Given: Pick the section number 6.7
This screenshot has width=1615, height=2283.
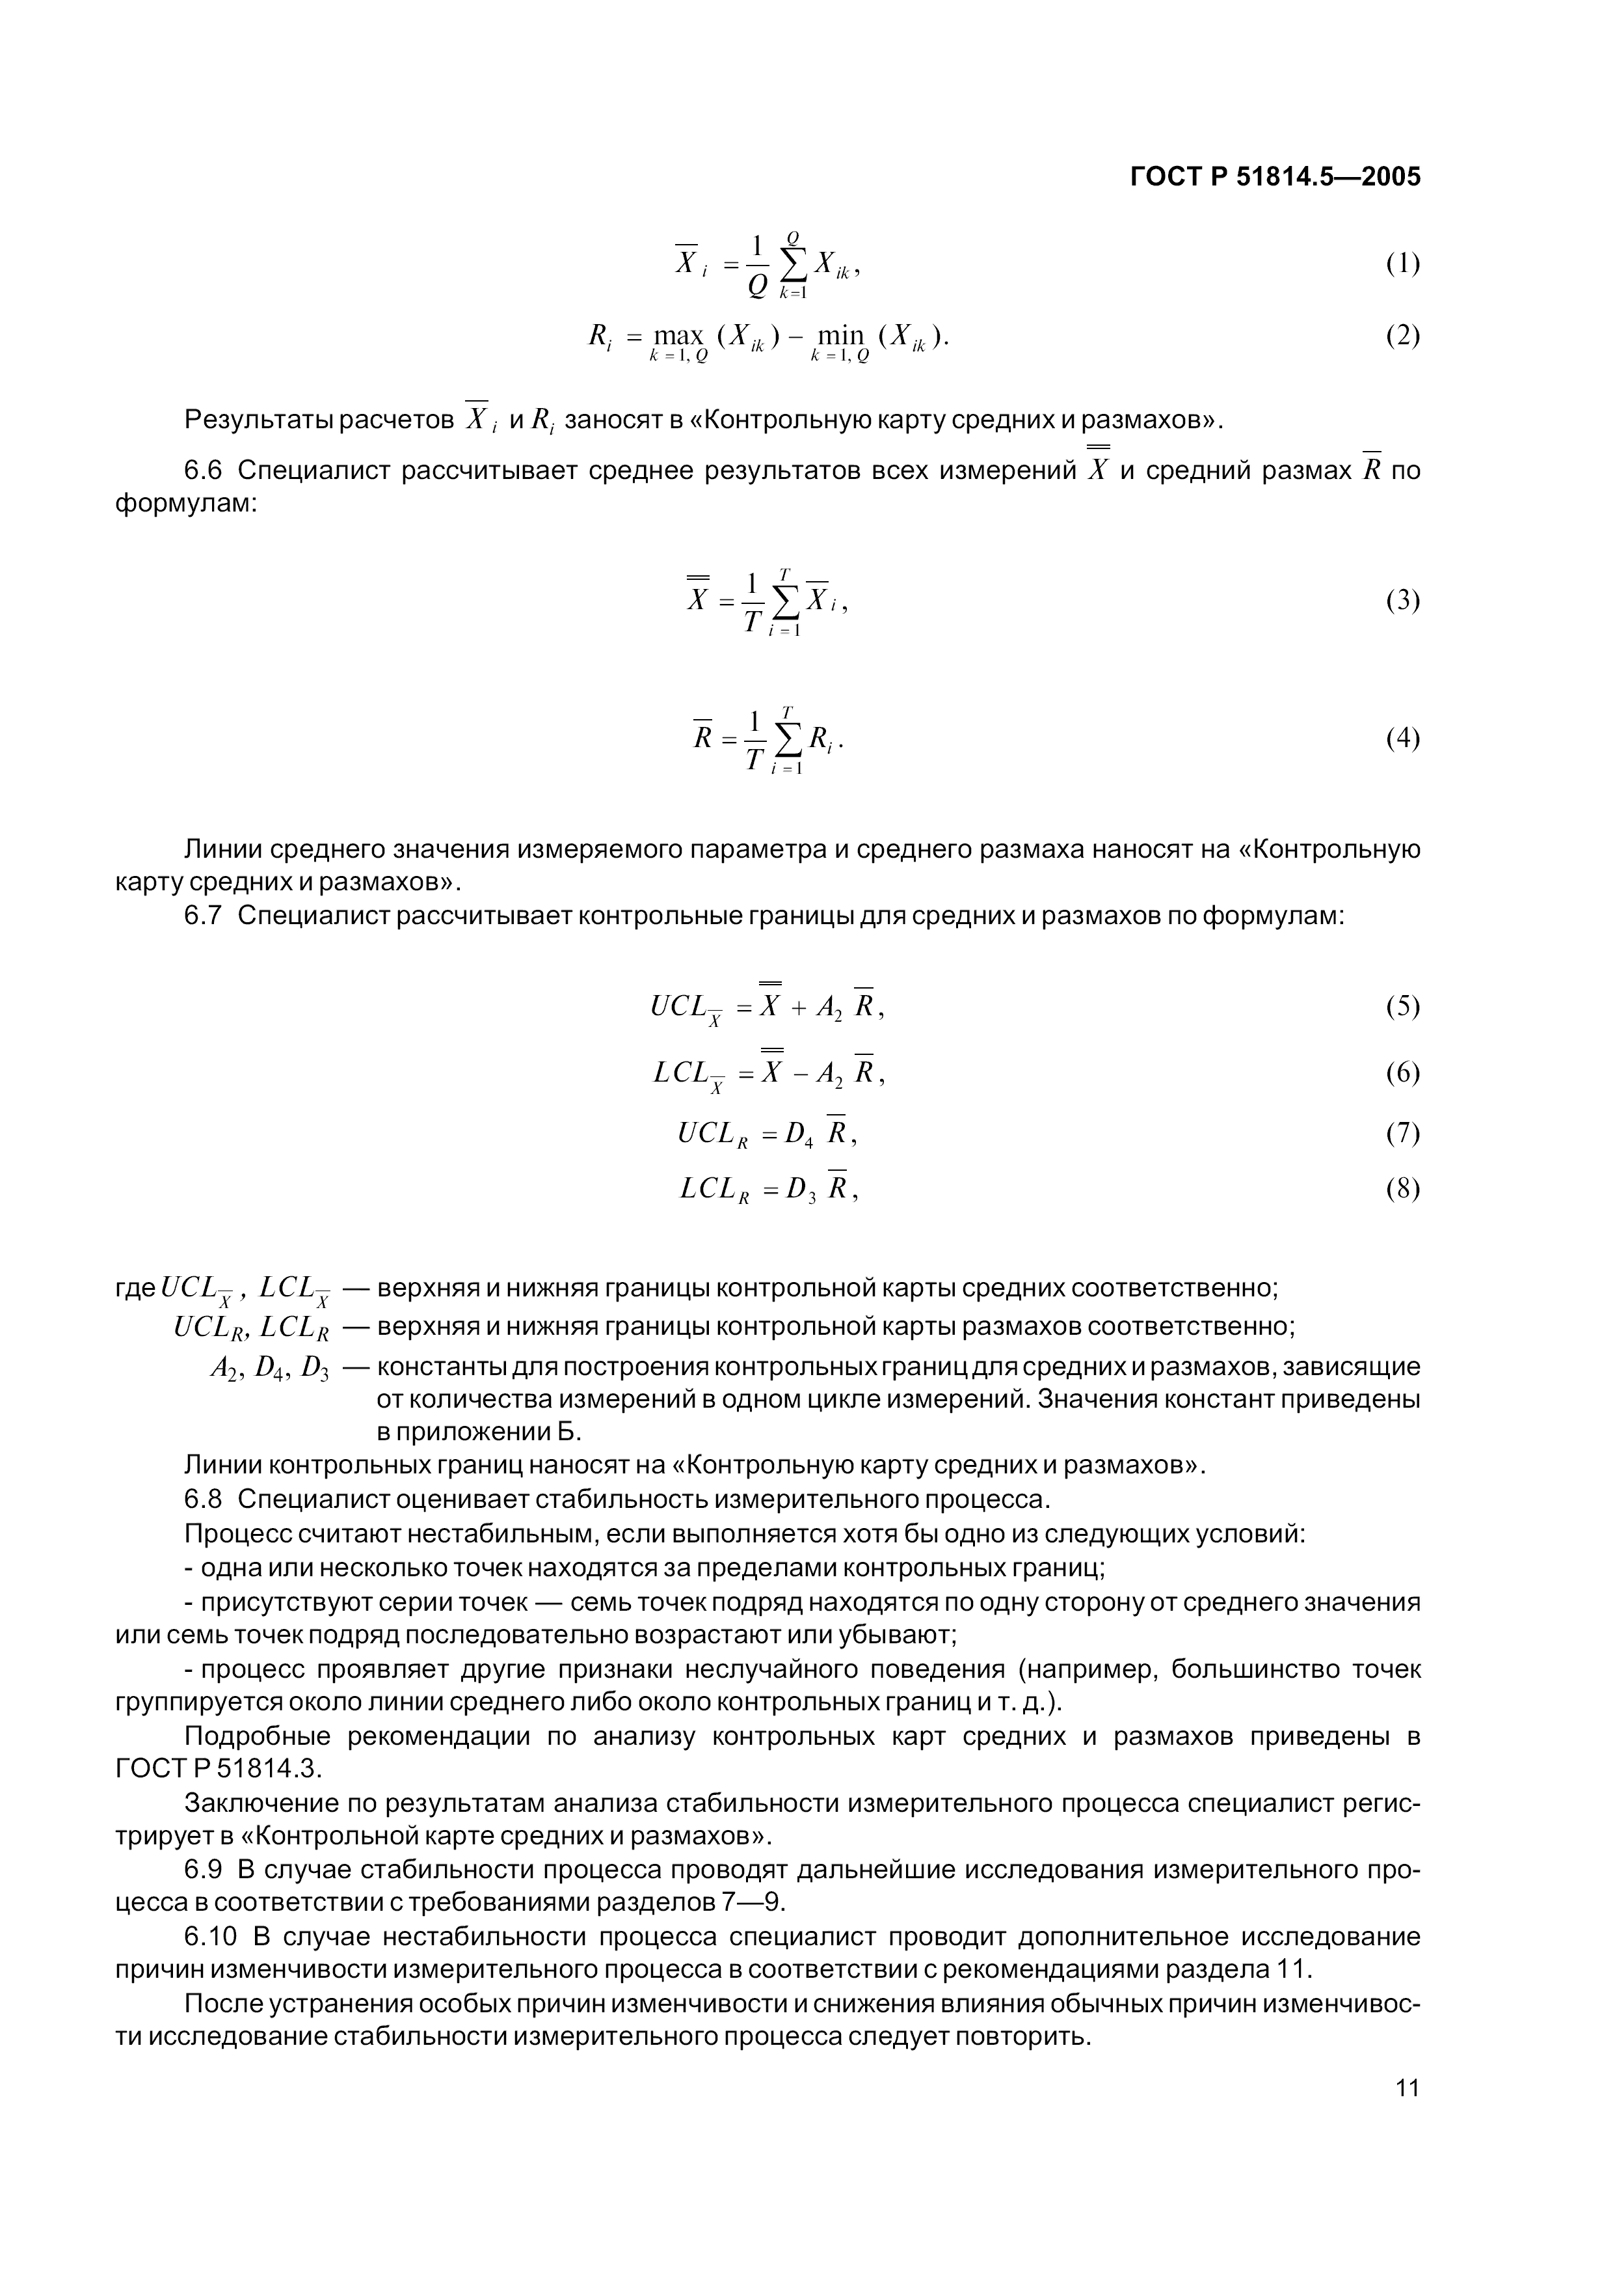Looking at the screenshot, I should tap(203, 915).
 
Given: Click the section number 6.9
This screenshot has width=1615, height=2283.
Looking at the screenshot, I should tap(203, 1869).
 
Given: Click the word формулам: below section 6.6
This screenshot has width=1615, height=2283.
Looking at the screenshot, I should tap(186, 504).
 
